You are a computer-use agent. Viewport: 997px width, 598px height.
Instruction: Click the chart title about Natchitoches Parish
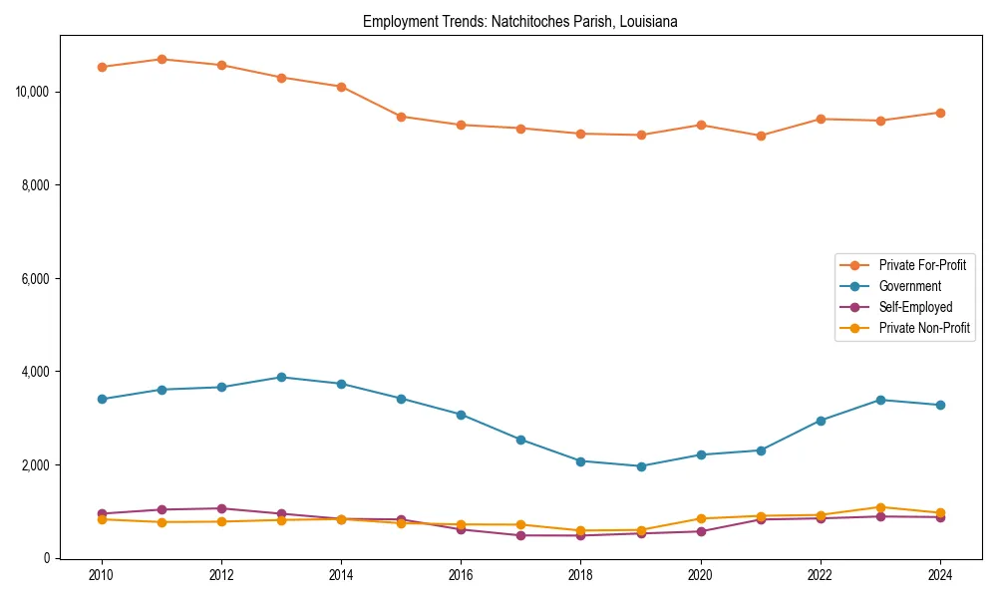[519, 21]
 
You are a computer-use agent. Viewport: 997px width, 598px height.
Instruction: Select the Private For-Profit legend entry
[922, 265]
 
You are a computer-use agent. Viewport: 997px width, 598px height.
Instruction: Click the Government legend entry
[909, 286]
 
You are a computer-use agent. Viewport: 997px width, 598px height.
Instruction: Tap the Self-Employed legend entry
[915, 307]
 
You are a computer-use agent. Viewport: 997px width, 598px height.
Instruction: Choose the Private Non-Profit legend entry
[924, 328]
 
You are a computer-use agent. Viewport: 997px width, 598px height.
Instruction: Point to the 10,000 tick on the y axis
[33, 92]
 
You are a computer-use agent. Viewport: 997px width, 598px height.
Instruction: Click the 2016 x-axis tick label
[461, 575]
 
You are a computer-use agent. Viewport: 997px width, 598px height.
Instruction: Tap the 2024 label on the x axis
[940, 575]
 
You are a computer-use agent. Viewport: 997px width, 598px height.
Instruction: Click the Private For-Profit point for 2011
[162, 59]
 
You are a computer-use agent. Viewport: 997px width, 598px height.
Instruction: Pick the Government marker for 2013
[281, 377]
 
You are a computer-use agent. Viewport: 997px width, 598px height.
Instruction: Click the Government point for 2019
[641, 466]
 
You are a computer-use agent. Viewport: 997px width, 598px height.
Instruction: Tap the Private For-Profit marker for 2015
[401, 117]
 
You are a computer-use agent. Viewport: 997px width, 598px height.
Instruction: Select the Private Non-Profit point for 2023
[880, 507]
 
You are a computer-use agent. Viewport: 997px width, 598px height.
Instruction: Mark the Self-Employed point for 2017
[520, 535]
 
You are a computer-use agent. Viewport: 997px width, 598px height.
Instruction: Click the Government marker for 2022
[821, 421]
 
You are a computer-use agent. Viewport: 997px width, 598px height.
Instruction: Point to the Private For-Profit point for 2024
[940, 113]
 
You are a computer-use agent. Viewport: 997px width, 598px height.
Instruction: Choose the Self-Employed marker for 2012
[221, 508]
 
